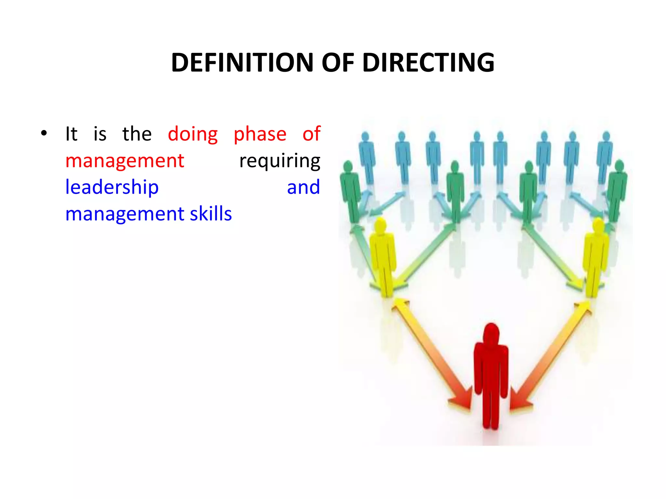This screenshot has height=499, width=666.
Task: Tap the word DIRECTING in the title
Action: tap(428, 63)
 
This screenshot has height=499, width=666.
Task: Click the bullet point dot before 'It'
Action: tap(44, 133)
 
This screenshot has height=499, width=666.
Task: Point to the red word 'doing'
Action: tap(193, 134)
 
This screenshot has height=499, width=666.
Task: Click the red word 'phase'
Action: tap(260, 134)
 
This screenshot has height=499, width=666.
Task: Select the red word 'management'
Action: tap(125, 161)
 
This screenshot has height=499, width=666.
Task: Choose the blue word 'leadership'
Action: tap(112, 187)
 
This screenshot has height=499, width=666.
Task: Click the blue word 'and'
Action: tap(303, 187)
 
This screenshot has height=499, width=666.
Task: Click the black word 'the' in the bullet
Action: tap(137, 134)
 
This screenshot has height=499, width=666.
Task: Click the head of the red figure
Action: tap(491, 333)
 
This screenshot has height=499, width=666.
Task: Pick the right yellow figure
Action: tap(596, 257)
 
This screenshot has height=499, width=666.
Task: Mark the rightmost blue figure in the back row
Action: tap(605, 156)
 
